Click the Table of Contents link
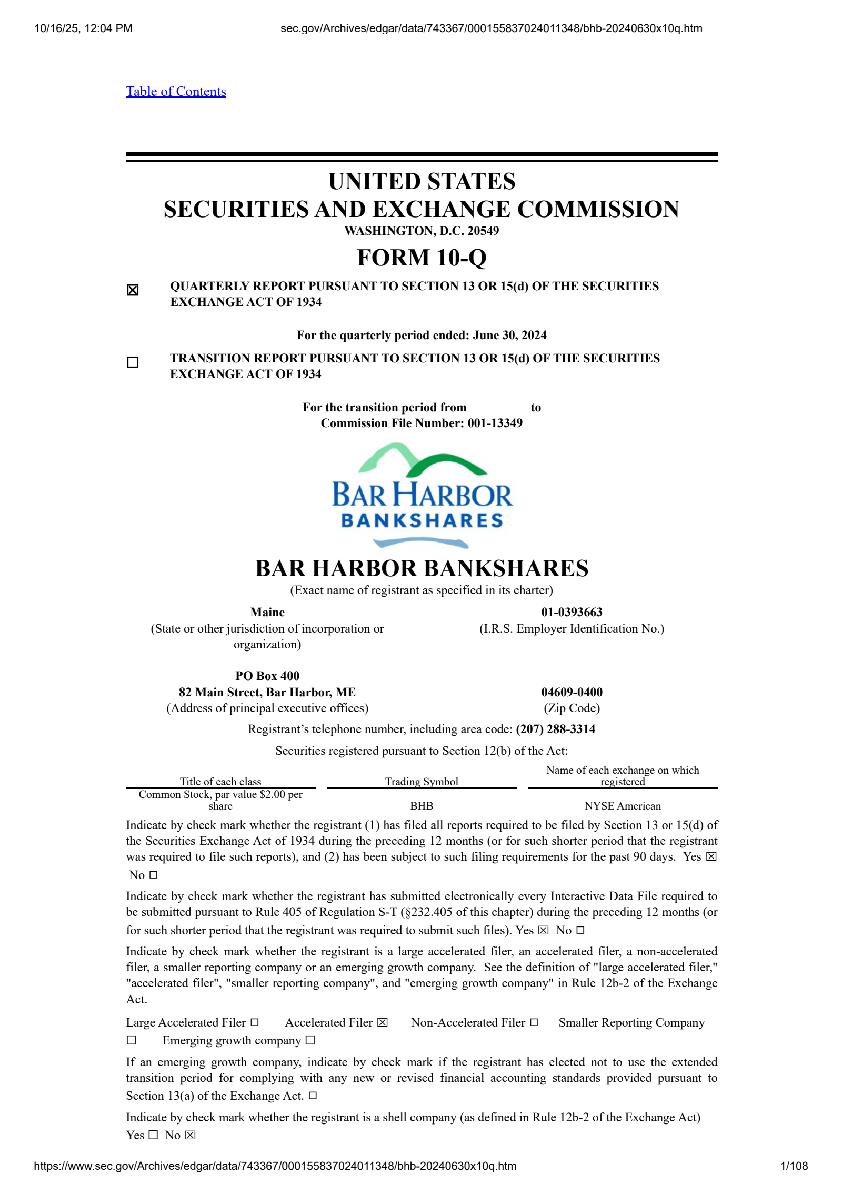(x=176, y=92)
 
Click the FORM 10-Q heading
(x=422, y=258)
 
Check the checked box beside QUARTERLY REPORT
(x=133, y=290)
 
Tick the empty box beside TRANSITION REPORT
(x=133, y=362)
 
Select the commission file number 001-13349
(x=495, y=423)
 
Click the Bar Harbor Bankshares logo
(x=422, y=495)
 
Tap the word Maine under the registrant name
(x=267, y=612)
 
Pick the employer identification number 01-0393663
(x=572, y=612)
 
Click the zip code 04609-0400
(x=572, y=692)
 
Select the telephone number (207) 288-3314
(x=555, y=729)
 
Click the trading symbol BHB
(x=422, y=806)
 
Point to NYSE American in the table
(x=623, y=806)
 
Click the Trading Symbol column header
(x=422, y=782)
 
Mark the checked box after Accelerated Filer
(x=383, y=1022)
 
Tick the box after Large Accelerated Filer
(x=255, y=1022)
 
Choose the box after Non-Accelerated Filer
(x=534, y=1022)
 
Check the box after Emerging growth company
(x=310, y=1040)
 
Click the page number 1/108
(x=794, y=1166)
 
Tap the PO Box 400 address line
(x=267, y=676)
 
